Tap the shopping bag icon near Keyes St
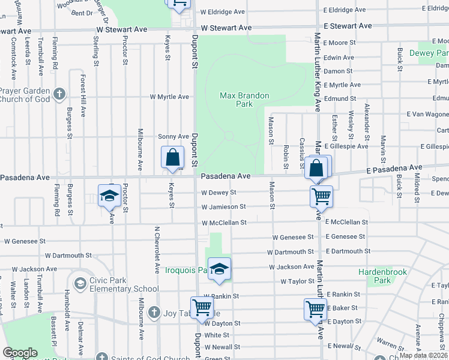pos(172,158)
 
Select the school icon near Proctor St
pos(110,196)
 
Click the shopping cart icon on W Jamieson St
pos(321,196)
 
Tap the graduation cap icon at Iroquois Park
pos(220,269)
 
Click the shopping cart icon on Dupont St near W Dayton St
pos(202,307)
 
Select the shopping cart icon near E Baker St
pos(315,310)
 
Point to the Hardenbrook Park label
pos(383,276)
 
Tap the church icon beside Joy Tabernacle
pos(154,313)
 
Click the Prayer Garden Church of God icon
pos(59,94)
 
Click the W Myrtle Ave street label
pos(169,97)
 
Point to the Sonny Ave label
pos(173,137)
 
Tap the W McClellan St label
pos(224,223)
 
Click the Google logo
pos(20,353)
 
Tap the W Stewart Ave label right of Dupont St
pos(226,28)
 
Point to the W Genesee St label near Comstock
pos(25,241)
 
